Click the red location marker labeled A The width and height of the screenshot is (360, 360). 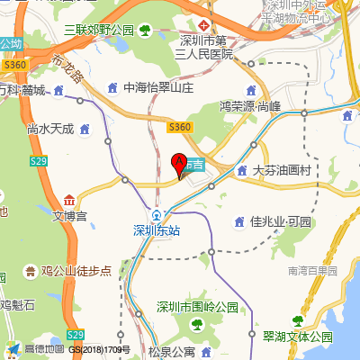point(178,165)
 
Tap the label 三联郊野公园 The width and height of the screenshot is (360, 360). point(99,31)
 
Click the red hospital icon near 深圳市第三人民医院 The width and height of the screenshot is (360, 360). point(206,24)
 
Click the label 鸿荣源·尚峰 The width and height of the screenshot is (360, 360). point(250,105)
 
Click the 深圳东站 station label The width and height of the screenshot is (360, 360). point(157,229)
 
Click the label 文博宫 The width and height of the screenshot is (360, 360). point(69,216)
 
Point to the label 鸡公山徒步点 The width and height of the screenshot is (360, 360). point(76,270)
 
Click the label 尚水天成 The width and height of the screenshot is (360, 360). point(50,129)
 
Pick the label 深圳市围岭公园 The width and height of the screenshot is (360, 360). point(198,307)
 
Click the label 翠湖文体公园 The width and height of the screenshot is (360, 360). point(297,337)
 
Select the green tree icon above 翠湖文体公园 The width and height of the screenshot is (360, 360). point(296,321)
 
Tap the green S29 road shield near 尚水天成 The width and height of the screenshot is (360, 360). point(38,160)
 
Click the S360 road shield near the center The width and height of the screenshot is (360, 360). point(180,127)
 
